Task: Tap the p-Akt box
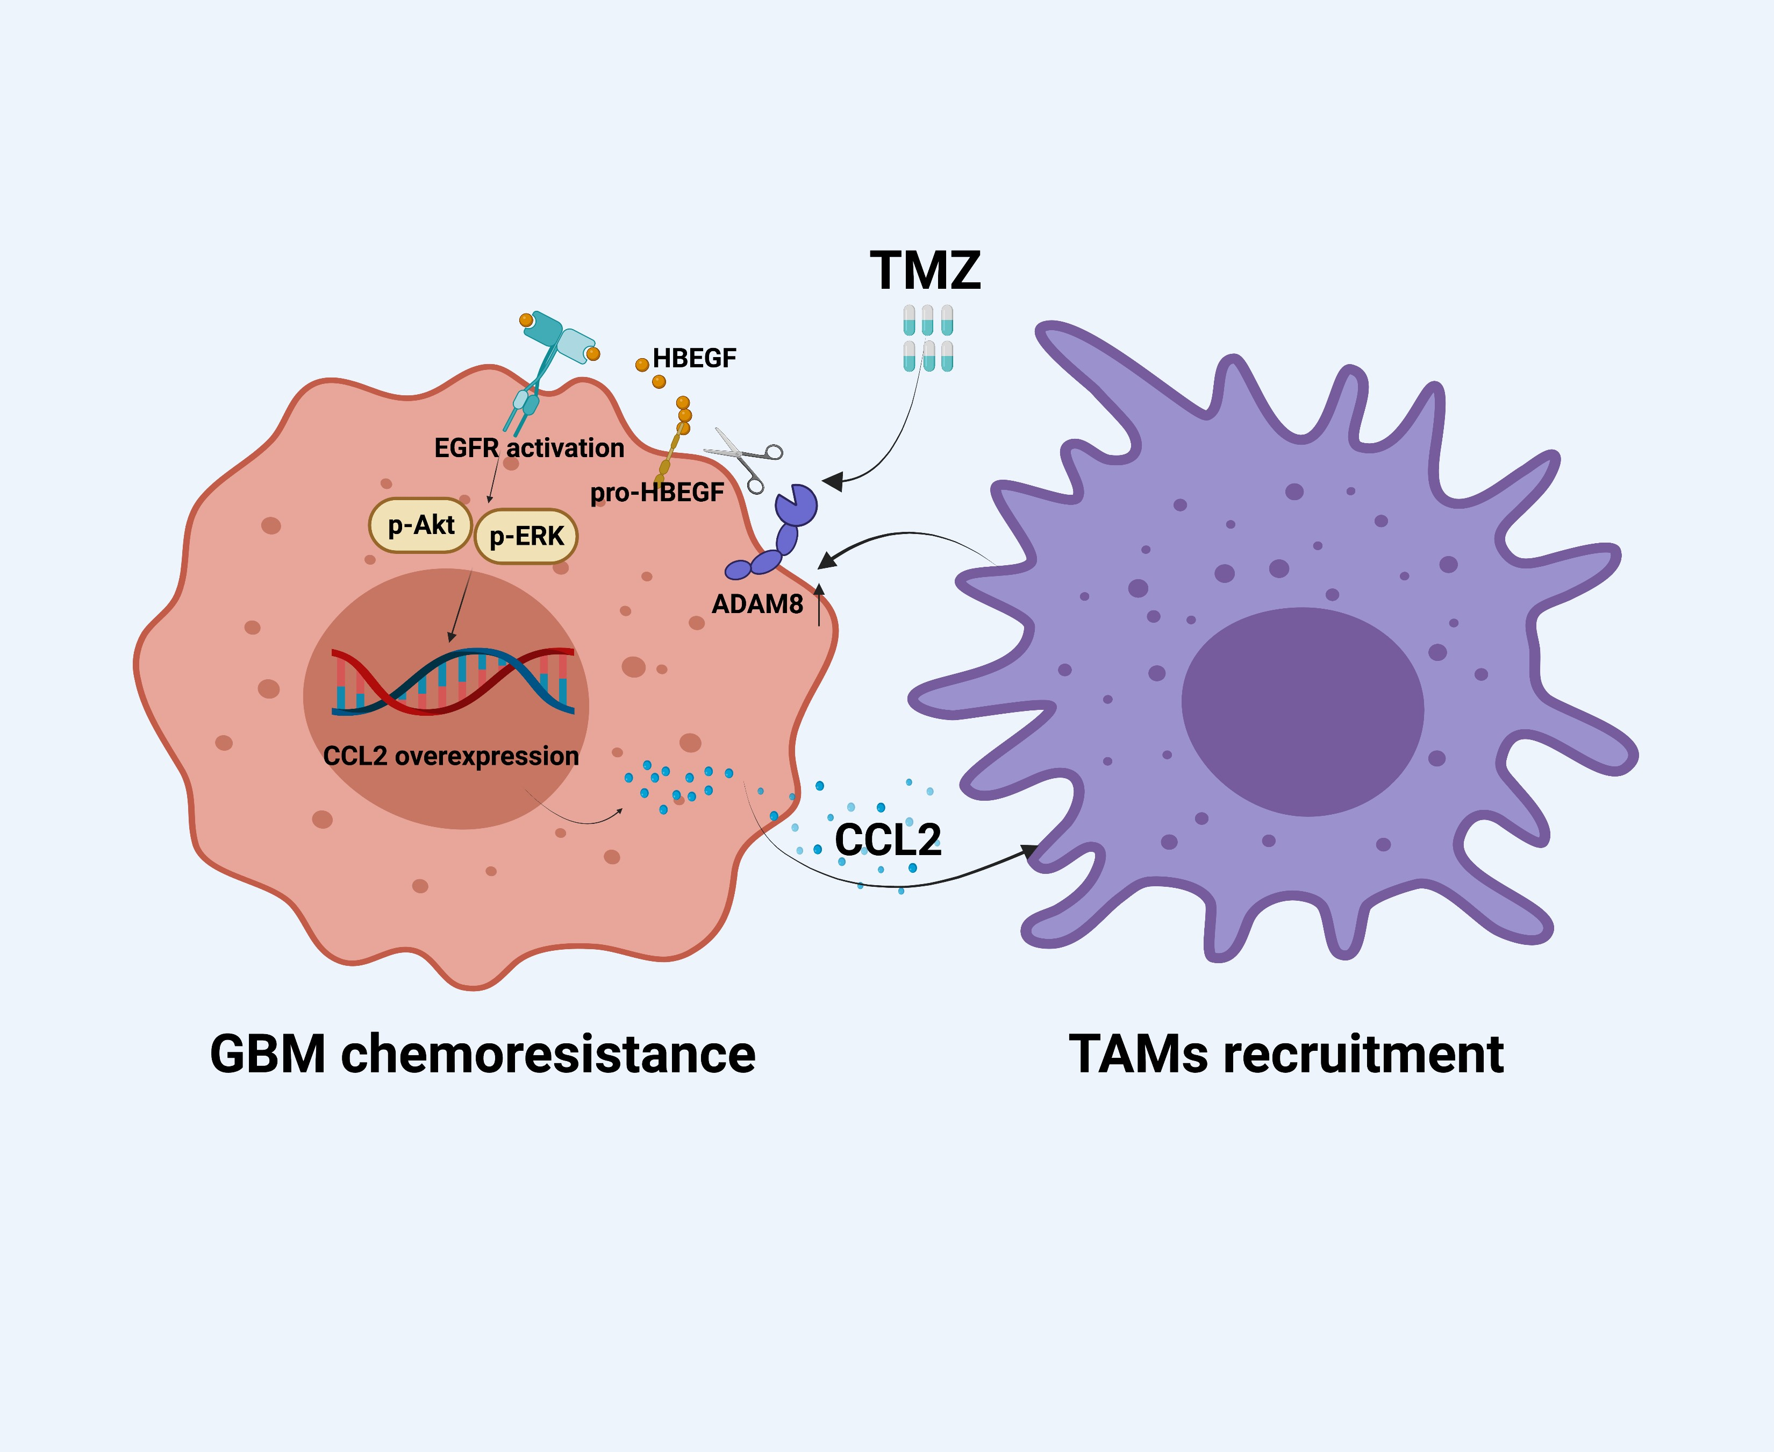coord(420,525)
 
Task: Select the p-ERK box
coord(526,536)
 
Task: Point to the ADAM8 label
coord(756,604)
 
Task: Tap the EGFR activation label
coord(528,449)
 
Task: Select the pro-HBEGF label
coord(656,493)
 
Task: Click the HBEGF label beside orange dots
coord(694,358)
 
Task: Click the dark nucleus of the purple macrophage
coord(1301,711)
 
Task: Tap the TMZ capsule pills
coord(928,338)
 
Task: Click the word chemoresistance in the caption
coord(548,1054)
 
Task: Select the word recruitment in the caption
coord(1363,1054)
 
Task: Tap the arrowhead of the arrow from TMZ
coord(833,481)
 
